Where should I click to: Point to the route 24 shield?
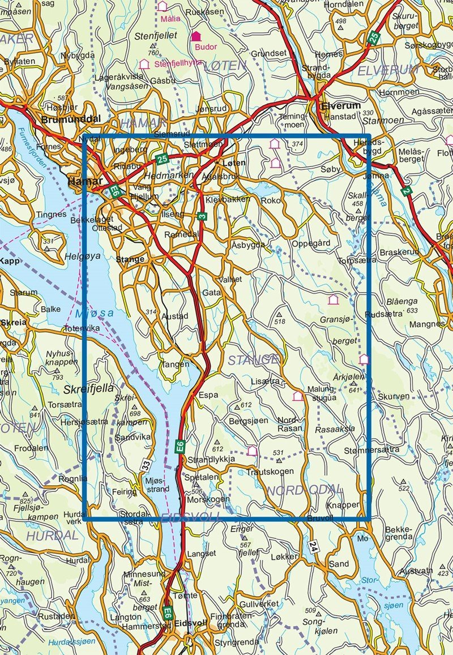[313, 547]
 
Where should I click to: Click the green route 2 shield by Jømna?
[405, 191]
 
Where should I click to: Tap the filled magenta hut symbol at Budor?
[196, 36]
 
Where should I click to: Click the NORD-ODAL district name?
[305, 490]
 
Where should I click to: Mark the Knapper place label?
[343, 504]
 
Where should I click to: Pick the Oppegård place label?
[311, 244]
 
